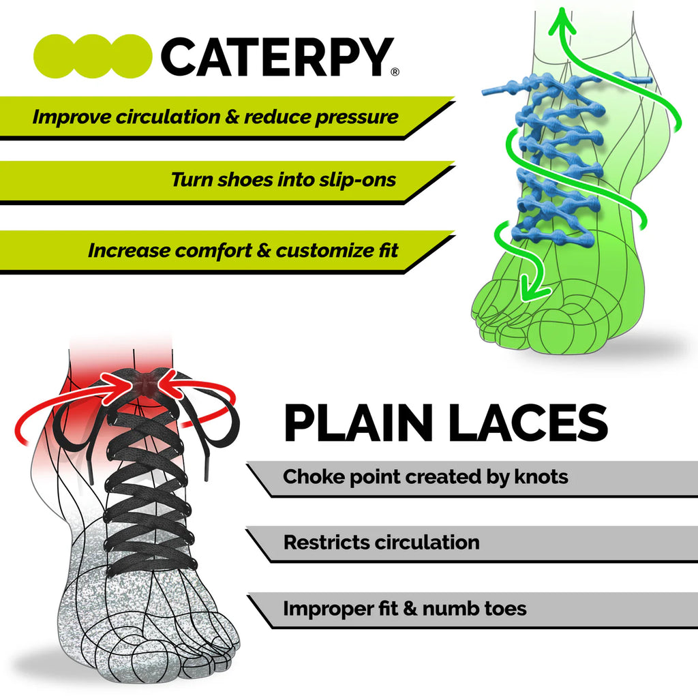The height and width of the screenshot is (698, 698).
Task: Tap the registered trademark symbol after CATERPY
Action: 395,72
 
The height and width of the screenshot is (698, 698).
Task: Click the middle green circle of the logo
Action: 92,57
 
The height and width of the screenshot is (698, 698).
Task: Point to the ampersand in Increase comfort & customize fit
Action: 265,250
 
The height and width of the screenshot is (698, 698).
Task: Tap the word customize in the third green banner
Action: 327,250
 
